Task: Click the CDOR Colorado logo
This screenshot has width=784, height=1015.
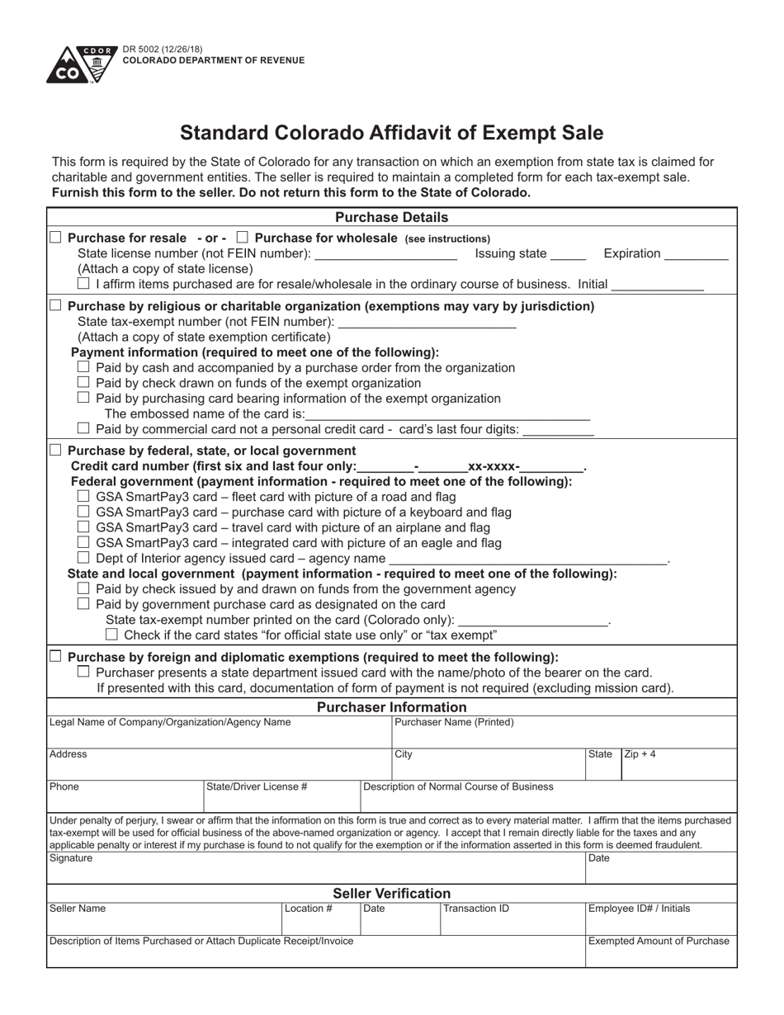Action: (81, 65)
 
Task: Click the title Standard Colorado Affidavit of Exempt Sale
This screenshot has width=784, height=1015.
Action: (391, 133)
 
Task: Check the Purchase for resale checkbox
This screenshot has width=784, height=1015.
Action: (55, 238)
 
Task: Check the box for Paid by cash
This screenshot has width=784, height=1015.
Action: (83, 367)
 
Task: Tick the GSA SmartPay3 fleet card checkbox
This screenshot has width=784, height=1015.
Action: (83, 497)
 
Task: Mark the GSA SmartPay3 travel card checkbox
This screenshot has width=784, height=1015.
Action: (83, 527)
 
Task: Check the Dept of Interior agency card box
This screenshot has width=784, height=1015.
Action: (83, 558)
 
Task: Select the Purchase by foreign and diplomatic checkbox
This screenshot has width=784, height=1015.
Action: (55, 657)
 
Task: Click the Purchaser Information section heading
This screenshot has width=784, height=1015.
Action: (391, 707)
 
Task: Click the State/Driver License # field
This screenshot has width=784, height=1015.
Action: (281, 799)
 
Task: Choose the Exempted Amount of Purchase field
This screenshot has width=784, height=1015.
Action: (660, 953)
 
